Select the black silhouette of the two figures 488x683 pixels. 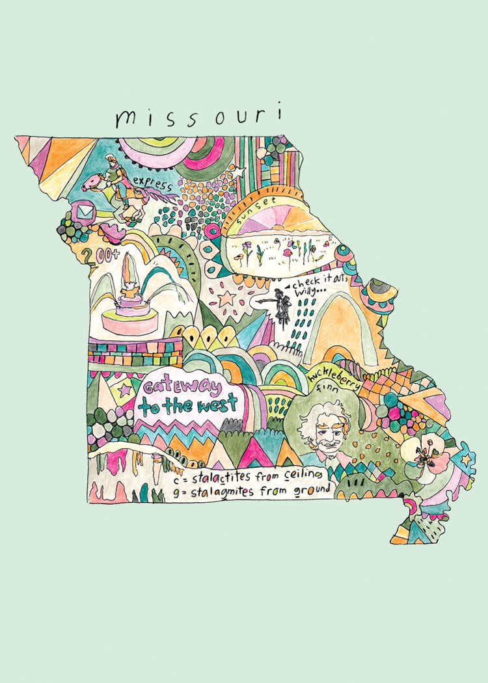coord(282,304)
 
